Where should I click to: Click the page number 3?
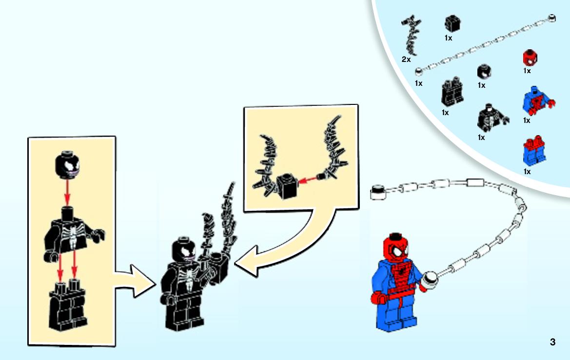[x=552, y=342]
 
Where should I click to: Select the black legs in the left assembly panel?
[x=68, y=305]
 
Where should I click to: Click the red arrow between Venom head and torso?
[x=67, y=192]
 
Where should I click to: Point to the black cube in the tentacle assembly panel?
[x=287, y=186]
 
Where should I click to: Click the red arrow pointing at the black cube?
[x=307, y=180]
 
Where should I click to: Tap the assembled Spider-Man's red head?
[x=395, y=248]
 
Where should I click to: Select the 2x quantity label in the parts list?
[x=406, y=60]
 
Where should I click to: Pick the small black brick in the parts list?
[x=452, y=23]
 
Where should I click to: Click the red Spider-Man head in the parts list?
[x=530, y=58]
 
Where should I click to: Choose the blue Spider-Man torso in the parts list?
[x=536, y=100]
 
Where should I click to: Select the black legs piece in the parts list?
[x=452, y=91]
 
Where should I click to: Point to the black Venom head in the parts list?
[x=484, y=72]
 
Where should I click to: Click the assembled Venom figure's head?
[x=185, y=250]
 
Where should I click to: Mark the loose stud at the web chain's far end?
[x=378, y=192]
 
